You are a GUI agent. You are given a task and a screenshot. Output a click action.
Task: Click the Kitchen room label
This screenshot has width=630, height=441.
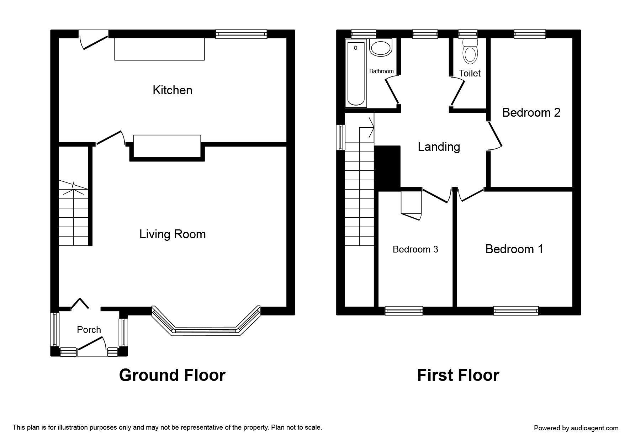click(x=173, y=90)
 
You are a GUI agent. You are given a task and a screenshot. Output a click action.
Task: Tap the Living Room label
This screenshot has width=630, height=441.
click(x=173, y=234)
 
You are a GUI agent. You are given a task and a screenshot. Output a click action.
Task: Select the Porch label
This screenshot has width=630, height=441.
click(x=89, y=330)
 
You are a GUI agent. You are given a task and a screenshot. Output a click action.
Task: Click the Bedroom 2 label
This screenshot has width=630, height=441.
click(x=531, y=112)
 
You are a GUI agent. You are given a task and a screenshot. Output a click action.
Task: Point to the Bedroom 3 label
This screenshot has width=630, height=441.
click(x=415, y=249)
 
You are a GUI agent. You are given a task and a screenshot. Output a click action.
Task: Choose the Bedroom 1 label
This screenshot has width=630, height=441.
click(x=514, y=249)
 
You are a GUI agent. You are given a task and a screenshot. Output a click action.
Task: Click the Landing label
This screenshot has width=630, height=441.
click(x=439, y=147)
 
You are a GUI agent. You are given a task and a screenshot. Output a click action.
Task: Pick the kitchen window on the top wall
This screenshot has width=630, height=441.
click(x=242, y=34)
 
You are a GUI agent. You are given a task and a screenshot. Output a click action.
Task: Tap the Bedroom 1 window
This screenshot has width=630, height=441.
click(x=516, y=311)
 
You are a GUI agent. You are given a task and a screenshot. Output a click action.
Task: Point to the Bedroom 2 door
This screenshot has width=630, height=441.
click(x=494, y=136)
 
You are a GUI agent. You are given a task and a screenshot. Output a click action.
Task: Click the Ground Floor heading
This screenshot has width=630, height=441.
click(x=172, y=375)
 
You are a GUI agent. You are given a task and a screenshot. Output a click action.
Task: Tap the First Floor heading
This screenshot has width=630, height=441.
click(x=458, y=375)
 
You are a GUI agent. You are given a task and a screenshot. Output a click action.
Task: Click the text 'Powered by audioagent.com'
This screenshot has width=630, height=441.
click(x=576, y=428)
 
